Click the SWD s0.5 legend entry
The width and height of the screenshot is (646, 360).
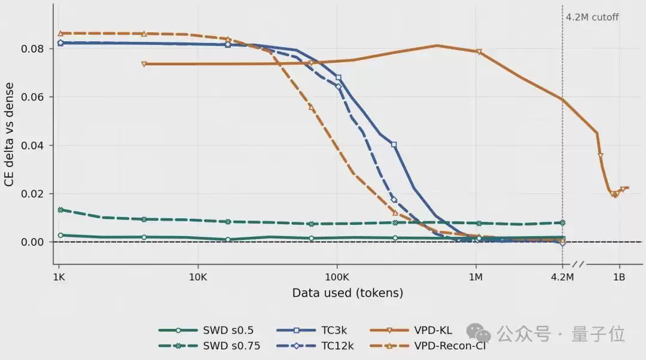(x=206, y=330)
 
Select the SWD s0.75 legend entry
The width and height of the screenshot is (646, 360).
(x=209, y=346)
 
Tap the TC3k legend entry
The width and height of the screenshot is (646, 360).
(x=312, y=330)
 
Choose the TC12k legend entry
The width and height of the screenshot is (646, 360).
(x=315, y=346)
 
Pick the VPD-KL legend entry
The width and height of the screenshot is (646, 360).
(x=411, y=330)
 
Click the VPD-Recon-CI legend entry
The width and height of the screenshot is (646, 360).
(x=428, y=346)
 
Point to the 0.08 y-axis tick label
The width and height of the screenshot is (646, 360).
(x=32, y=49)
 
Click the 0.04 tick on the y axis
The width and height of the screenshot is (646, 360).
(x=32, y=146)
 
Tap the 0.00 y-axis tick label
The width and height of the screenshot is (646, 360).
(x=32, y=242)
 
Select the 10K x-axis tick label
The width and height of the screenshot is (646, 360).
(x=198, y=277)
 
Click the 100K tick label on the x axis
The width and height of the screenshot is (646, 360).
(x=337, y=277)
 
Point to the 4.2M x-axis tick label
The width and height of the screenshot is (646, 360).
(x=562, y=277)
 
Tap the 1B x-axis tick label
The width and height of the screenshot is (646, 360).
(x=619, y=277)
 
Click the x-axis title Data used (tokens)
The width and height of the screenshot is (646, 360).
(x=348, y=293)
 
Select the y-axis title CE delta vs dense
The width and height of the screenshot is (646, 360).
(x=9, y=135)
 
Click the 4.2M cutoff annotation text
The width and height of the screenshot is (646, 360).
(x=592, y=17)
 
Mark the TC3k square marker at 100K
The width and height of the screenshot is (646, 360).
(x=338, y=77)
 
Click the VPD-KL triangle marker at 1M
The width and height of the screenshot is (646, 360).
(x=479, y=52)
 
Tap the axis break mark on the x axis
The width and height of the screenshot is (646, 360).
(x=578, y=264)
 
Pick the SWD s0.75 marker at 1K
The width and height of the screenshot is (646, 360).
(x=60, y=210)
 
